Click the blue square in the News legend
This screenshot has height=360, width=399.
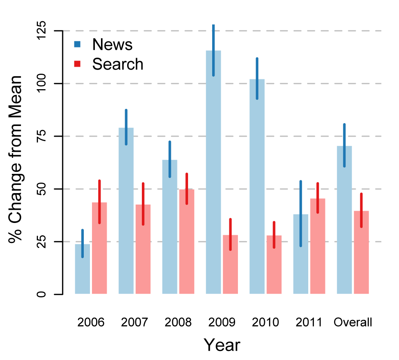(x=77, y=43)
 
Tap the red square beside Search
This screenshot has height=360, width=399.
(x=77, y=63)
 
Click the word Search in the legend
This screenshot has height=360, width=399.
(x=118, y=64)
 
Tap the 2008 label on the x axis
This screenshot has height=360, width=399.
(x=178, y=322)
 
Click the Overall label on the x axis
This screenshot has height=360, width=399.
(x=353, y=322)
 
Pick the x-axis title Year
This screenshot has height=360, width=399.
(x=222, y=345)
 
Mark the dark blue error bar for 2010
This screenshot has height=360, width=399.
(x=257, y=79)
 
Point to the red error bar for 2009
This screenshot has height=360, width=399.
(x=231, y=234)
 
